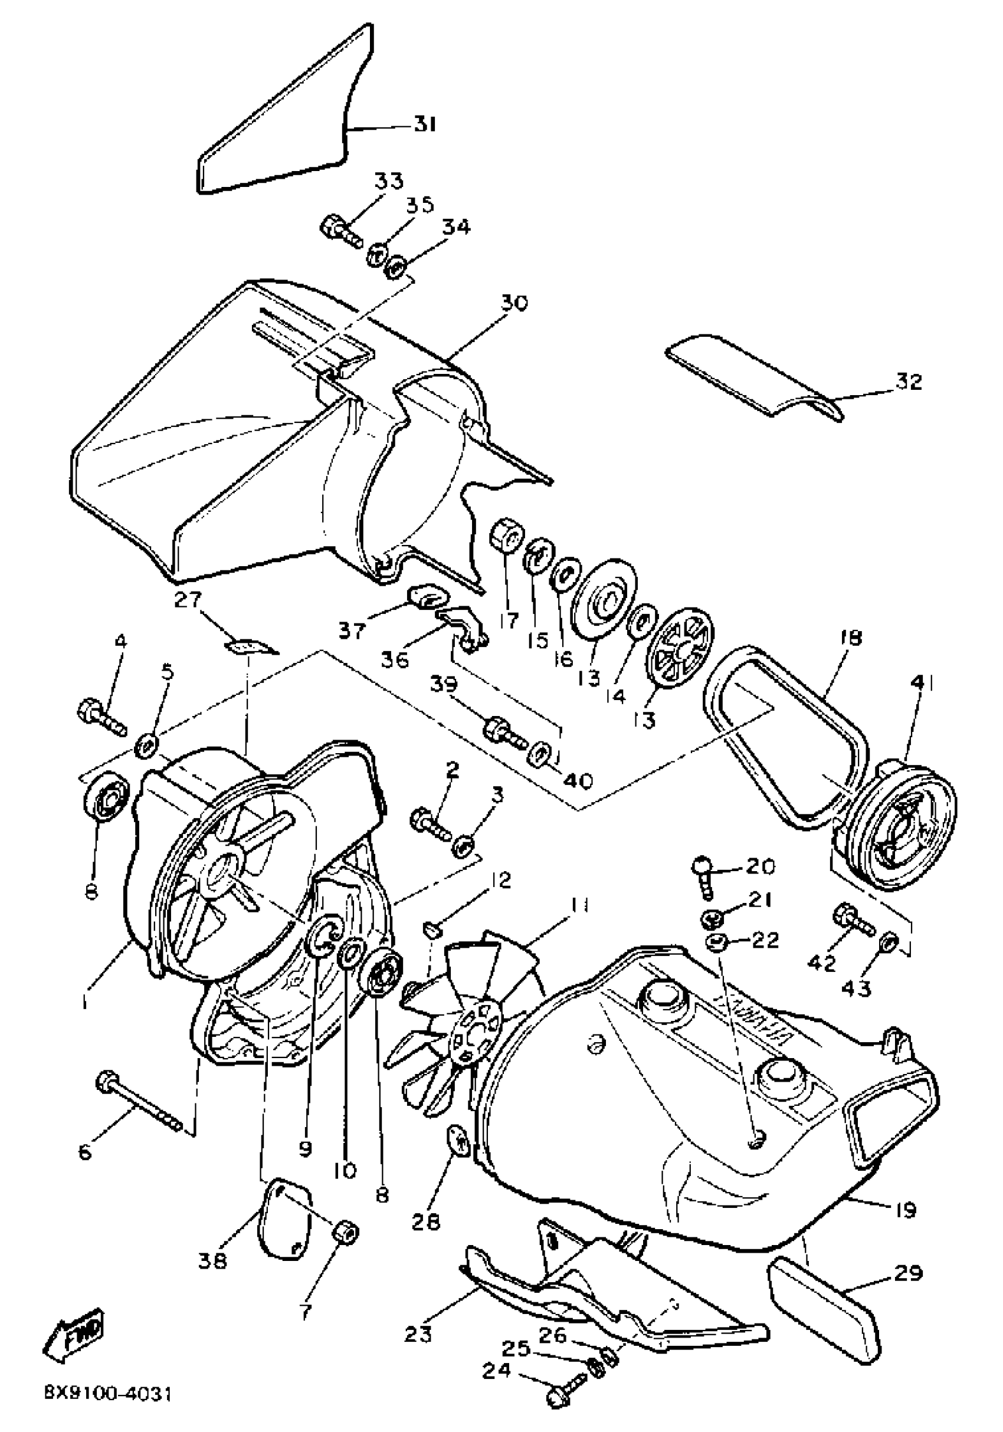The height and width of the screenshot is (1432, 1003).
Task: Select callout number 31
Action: (424, 124)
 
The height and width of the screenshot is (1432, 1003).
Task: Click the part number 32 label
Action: (908, 382)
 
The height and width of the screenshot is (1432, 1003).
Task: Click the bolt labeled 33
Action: (340, 232)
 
